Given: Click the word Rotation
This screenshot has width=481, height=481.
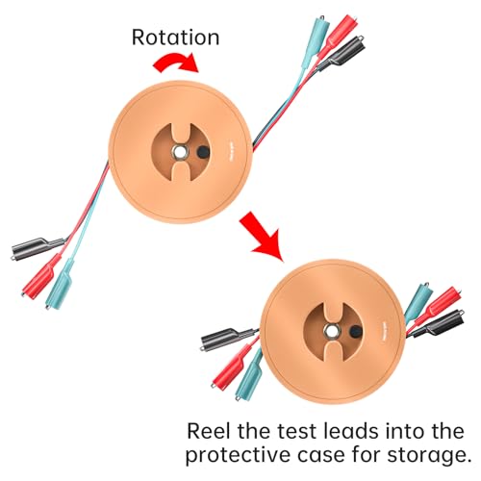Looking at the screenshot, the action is click(x=175, y=38).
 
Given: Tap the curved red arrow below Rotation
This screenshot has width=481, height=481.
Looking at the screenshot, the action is click(x=176, y=62).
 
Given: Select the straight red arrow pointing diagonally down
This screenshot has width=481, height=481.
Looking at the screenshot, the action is click(x=262, y=236).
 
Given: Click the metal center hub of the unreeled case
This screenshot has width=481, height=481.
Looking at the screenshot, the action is click(x=178, y=151).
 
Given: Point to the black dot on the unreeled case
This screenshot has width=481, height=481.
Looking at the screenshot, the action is click(x=202, y=151).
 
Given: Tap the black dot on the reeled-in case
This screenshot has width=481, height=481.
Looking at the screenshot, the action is click(x=355, y=331).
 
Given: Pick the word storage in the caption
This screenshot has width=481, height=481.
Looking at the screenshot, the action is click(x=429, y=456).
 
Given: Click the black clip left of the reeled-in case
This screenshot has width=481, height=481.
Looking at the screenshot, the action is click(x=228, y=338).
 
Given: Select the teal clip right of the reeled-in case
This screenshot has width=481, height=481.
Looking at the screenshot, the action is click(x=418, y=301).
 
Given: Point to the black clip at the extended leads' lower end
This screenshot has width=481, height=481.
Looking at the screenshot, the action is click(x=38, y=248).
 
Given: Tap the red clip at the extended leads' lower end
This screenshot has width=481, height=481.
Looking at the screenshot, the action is click(x=41, y=275).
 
